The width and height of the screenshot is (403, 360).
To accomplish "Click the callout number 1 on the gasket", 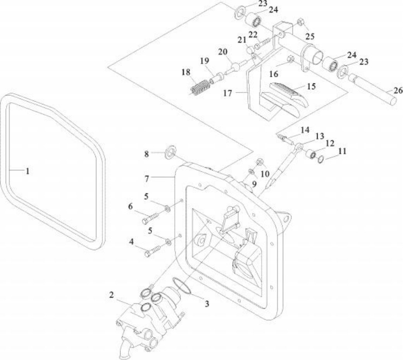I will pyautogui.click(x=28, y=171).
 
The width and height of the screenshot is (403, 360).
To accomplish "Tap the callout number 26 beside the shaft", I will pyautogui.click(x=398, y=90).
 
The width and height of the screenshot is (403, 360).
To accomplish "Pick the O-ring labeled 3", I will pyautogui.click(x=182, y=287).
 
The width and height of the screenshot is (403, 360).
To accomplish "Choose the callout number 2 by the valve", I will pyautogui.click(x=111, y=295).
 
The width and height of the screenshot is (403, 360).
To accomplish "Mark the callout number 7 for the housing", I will pyautogui.click(x=147, y=179).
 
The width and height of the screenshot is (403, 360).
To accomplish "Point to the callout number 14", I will pyautogui.click(x=305, y=130).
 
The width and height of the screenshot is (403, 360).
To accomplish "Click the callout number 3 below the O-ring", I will pyautogui.click(x=207, y=304).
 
